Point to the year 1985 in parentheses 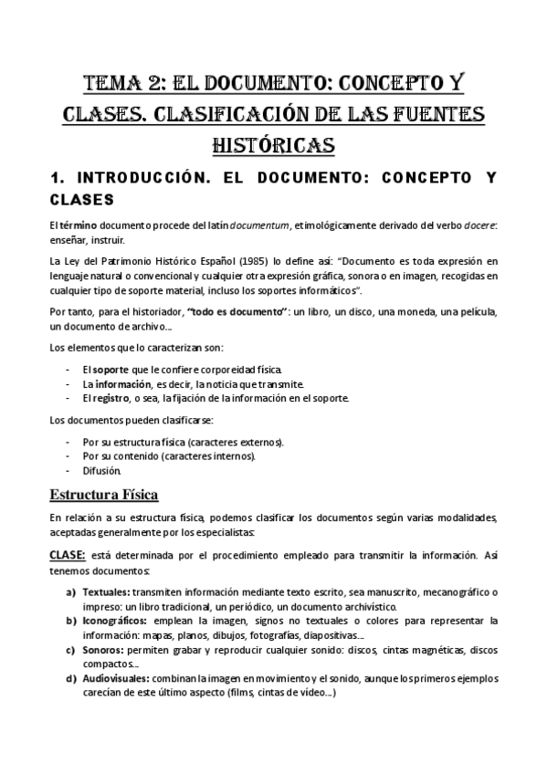[200, 262]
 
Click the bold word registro [110, 398]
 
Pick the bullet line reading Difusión [101, 471]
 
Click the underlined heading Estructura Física [104, 495]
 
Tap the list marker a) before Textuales [70, 591]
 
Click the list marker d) [70, 679]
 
